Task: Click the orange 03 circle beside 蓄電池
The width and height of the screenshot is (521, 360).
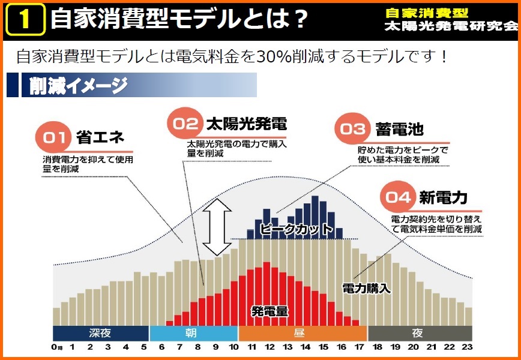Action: [x=354, y=129]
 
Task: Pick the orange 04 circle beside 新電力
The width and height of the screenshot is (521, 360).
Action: [x=399, y=197]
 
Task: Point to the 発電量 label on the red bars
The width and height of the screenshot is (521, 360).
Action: [x=270, y=311]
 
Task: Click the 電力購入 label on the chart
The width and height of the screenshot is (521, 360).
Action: [x=366, y=289]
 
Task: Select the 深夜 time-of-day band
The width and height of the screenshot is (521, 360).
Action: [x=100, y=333]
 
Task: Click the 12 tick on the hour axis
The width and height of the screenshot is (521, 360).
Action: [x=270, y=347]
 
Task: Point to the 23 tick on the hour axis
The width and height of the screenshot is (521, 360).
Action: [x=467, y=347]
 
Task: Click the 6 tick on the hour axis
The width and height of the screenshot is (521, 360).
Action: [x=162, y=347]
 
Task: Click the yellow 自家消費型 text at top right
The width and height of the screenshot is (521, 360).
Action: [x=427, y=13]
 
